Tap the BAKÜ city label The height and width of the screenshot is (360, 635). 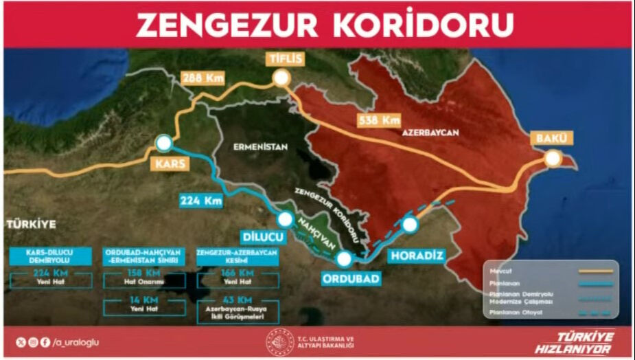551,138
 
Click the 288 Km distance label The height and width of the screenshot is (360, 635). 202,77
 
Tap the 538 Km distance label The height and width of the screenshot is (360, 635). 378,120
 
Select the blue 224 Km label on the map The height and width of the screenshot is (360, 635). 201,201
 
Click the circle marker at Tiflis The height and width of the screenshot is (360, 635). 281,78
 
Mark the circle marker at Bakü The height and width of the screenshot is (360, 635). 552,159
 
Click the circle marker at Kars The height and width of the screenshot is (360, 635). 164,143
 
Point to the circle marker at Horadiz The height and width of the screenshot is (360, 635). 410,224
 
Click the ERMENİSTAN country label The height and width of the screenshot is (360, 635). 259,146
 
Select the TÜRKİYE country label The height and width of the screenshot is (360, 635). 30,223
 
